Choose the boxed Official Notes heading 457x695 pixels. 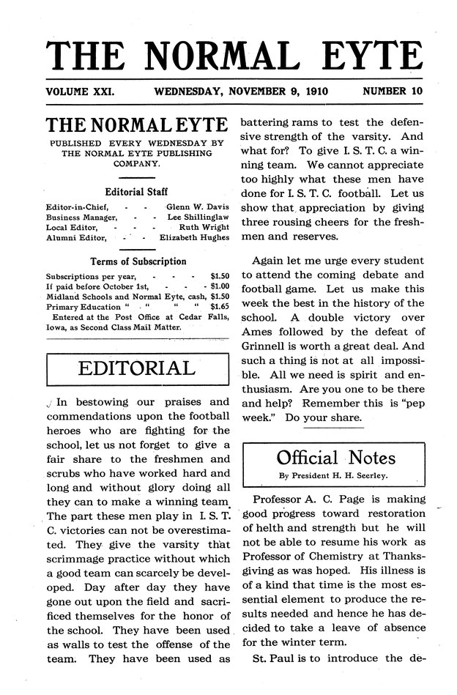click(336, 458)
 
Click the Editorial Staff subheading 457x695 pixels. click(137, 193)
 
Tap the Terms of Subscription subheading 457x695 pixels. click(138, 261)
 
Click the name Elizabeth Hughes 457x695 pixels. click(194, 237)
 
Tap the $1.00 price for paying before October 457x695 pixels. click(219, 286)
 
